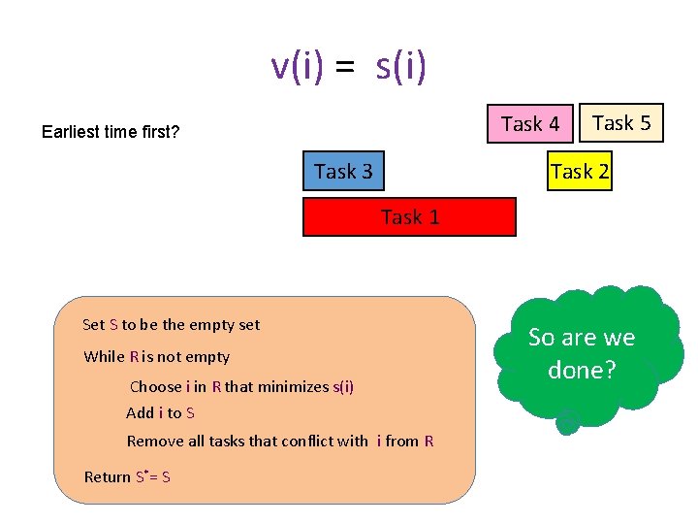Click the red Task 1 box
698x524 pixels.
[409, 217]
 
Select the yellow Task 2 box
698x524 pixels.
[579, 172]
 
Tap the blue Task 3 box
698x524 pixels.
[342, 172]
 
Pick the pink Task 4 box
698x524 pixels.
[530, 123]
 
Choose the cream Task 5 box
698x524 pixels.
[621, 123]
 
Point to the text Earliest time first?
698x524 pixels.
[111, 132]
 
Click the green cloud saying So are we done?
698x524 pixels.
[582, 354]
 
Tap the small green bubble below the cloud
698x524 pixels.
[568, 420]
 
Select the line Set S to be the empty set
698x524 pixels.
[172, 325]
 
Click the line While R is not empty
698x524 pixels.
[157, 356]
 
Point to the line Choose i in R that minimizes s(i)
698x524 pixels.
[241, 386]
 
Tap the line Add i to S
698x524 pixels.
[160, 413]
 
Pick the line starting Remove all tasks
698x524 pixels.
[280, 442]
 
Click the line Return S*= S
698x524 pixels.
[127, 476]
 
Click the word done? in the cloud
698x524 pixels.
[582, 370]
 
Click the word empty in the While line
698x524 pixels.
[208, 356]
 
